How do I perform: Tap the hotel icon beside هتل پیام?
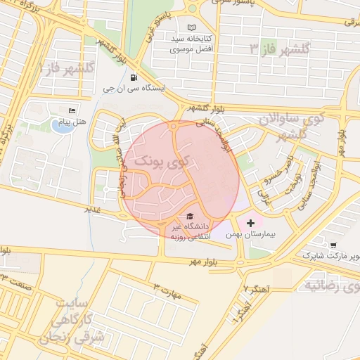click(71, 112)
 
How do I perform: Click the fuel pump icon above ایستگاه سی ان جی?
click(134, 78)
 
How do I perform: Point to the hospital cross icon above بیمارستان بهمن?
click(251, 223)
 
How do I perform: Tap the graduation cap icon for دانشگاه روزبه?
click(188, 217)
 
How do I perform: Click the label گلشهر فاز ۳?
click(280, 48)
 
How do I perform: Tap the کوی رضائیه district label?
click(330, 285)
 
